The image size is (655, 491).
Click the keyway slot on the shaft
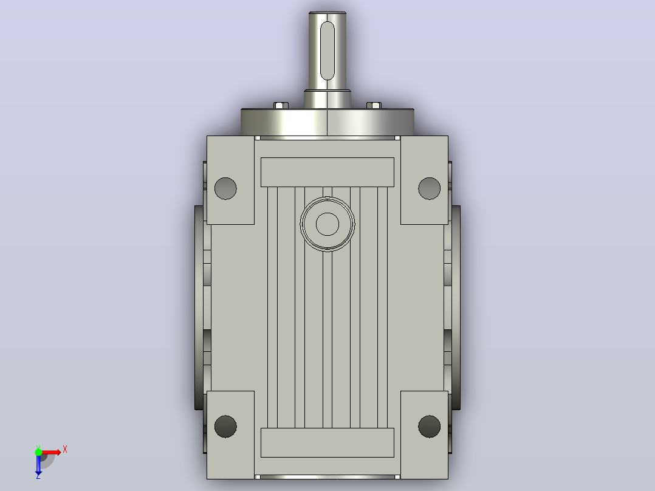pyautogui.click(x=327, y=50)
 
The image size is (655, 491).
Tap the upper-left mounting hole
pyautogui.click(x=225, y=188)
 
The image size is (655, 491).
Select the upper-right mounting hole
pyautogui.click(x=430, y=188)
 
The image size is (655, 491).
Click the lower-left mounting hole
pyautogui.click(x=225, y=427)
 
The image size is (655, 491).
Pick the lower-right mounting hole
pyautogui.click(x=430, y=427)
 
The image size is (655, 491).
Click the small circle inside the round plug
pyautogui.click(x=327, y=224)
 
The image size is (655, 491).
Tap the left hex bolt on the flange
pyautogui.click(x=281, y=105)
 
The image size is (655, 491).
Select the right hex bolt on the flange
pyautogui.click(x=374, y=105)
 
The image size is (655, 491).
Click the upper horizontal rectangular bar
pyautogui.click(x=327, y=172)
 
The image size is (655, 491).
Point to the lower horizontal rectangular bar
pyautogui.click(x=327, y=442)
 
